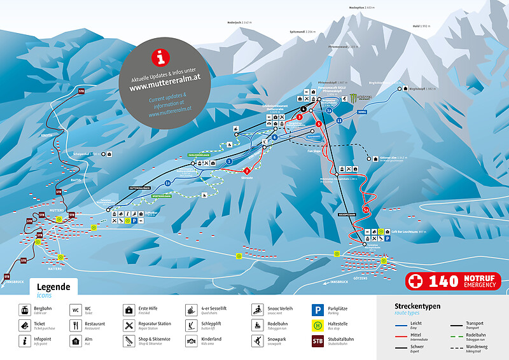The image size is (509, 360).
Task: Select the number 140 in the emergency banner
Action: [443, 281]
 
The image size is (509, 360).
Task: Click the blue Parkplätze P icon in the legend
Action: [317, 310]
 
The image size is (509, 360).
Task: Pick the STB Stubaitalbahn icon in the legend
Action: [317, 341]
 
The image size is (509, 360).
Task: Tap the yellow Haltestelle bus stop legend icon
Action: [317, 326]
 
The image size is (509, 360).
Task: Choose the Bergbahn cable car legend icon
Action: [24, 310]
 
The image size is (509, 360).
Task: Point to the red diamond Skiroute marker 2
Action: [246, 170]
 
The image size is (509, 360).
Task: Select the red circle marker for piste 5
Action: [318, 123]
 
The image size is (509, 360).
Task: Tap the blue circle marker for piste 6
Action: [274, 137]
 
